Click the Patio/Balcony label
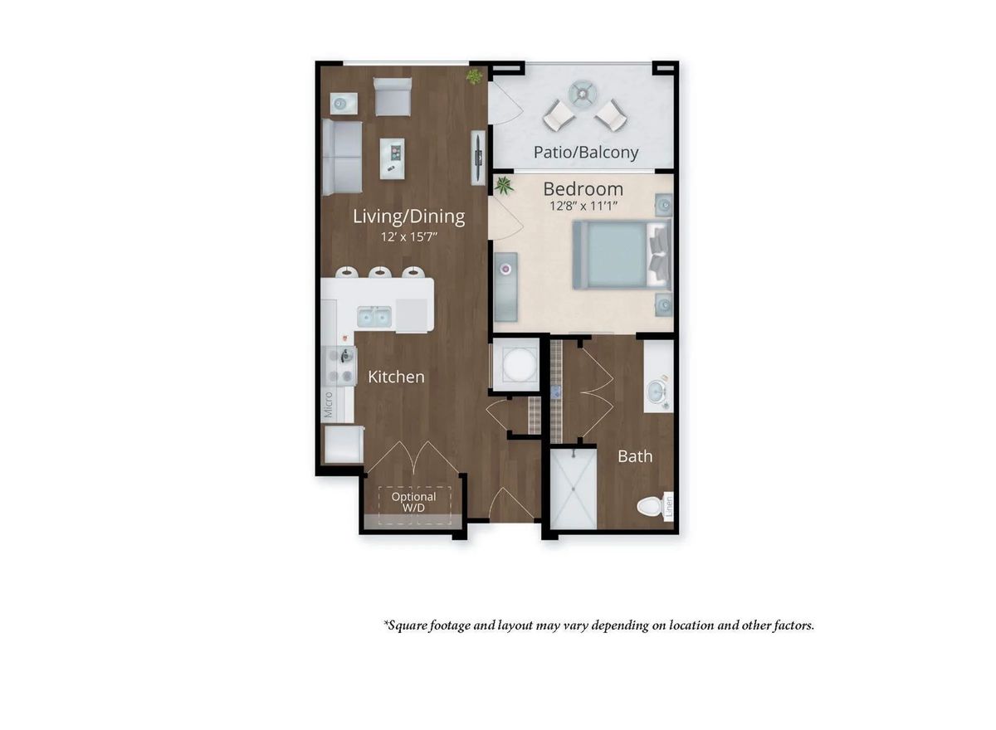tap(585, 152)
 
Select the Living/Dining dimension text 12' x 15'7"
tap(408, 236)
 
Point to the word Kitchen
tap(396, 377)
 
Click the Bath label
tap(634, 456)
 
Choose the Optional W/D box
tap(413, 503)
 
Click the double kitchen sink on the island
tap(373, 315)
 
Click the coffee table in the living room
tap(392, 158)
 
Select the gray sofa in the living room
tap(342, 157)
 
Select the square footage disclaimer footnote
tap(598, 625)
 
